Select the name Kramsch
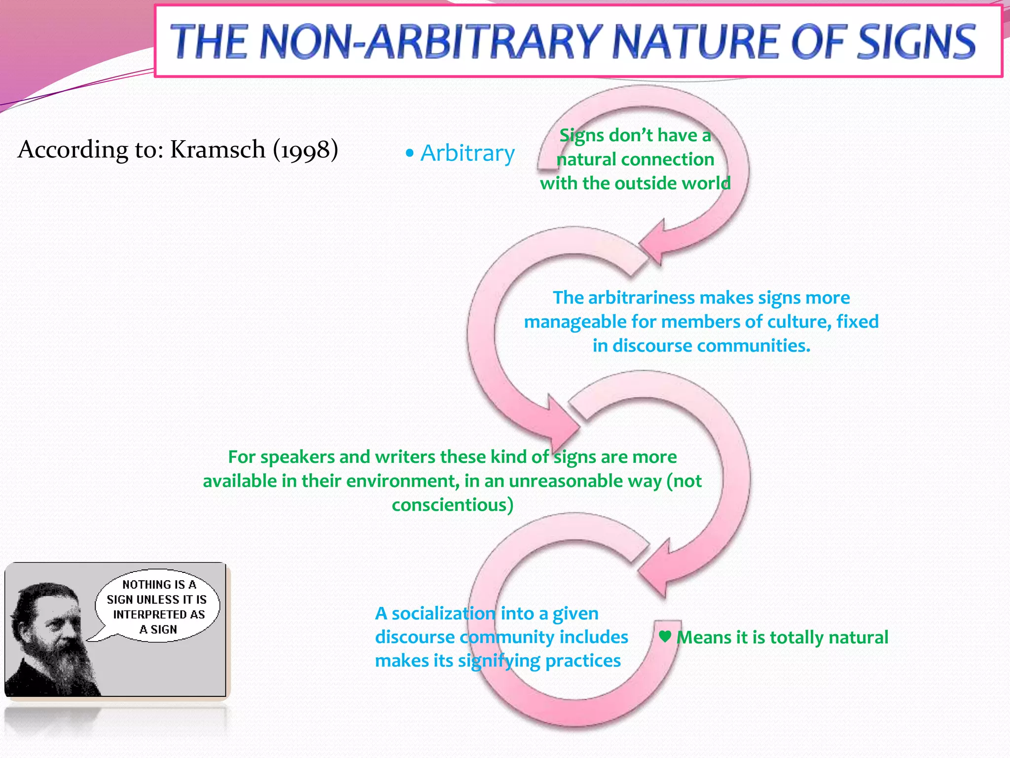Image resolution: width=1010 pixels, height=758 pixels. [x=217, y=150]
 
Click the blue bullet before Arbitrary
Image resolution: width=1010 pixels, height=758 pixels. [x=409, y=153]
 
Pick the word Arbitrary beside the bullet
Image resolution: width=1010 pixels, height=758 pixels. [x=467, y=153]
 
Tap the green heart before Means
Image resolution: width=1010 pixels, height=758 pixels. [x=665, y=636]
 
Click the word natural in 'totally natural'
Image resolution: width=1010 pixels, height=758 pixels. [x=858, y=637]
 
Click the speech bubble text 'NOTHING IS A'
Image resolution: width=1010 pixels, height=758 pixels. [x=159, y=585]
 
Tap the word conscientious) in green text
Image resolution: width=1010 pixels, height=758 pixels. [x=452, y=505]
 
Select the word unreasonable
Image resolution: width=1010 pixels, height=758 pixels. [x=560, y=481]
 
